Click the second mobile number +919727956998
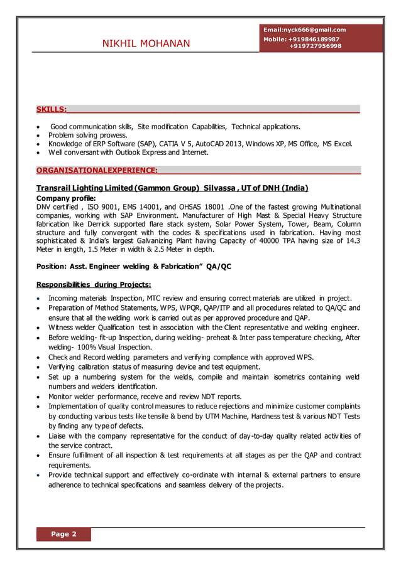pyautogui.click(x=316, y=46)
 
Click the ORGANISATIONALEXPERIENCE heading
pyautogui.click(x=97, y=170)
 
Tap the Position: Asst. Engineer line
pyautogui.click(x=134, y=267)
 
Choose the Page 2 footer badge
pyautogui.click(x=63, y=535)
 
